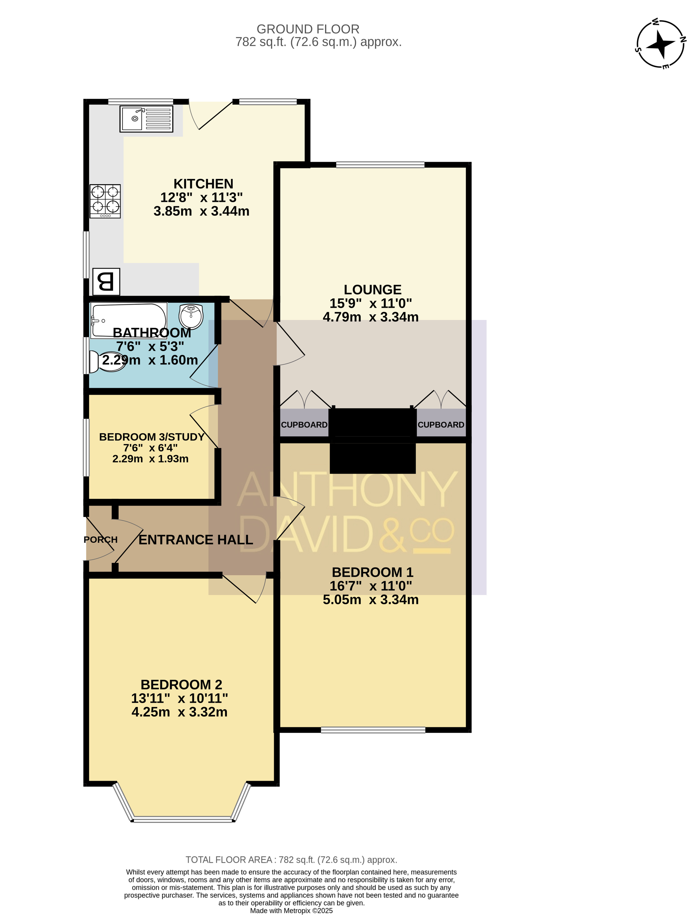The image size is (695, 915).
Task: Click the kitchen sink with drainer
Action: click(x=146, y=119)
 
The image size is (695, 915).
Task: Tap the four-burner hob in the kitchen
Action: click(x=105, y=201)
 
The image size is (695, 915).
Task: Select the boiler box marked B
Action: click(x=106, y=282)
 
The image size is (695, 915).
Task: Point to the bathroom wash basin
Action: click(x=191, y=316)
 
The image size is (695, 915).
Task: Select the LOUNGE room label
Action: click(x=373, y=290)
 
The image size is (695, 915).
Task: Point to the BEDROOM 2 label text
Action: click(x=181, y=685)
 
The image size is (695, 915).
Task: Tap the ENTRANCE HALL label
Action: click(x=196, y=539)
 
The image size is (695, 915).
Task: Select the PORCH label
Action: click(x=101, y=539)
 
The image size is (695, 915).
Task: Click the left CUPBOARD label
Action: click(x=304, y=425)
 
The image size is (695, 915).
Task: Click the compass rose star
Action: click(x=661, y=44)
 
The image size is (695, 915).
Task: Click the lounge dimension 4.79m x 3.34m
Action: click(x=371, y=317)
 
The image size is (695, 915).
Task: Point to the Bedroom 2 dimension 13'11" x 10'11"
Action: click(x=180, y=698)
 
